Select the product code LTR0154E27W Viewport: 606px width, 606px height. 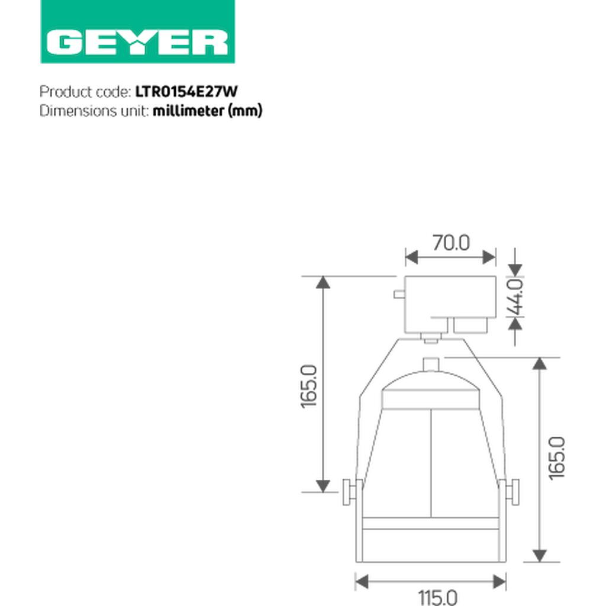(x=186, y=92)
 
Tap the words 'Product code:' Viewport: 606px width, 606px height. (x=85, y=92)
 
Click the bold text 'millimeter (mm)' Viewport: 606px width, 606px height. (x=207, y=111)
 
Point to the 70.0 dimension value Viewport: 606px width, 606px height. (x=450, y=243)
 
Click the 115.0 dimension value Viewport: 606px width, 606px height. (x=438, y=597)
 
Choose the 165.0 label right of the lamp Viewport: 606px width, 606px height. (x=557, y=458)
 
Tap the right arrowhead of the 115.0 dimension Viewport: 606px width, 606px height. (x=499, y=581)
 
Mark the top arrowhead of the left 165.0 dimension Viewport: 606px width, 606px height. (x=323, y=282)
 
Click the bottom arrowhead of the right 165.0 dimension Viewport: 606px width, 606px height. (x=539, y=555)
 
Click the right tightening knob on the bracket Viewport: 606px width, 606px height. (x=512, y=492)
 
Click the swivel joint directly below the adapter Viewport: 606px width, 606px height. (x=431, y=338)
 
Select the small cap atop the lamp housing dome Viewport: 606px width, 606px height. (x=432, y=363)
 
